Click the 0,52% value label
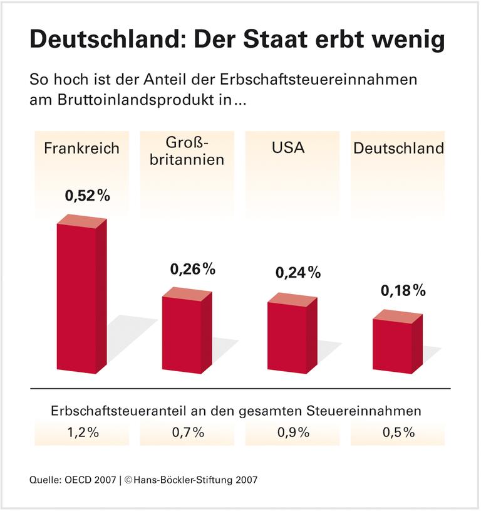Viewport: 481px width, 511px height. pos(88,195)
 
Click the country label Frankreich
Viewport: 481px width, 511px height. pos(81,149)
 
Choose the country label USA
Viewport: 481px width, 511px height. pos(288,149)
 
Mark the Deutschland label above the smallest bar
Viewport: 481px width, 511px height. pos(398,149)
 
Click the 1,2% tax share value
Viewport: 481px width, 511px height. pos(82,432)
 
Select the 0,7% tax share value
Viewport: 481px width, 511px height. pos(187,432)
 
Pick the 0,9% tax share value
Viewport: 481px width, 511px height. pos(292,432)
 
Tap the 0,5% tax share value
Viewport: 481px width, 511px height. pos(398,432)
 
